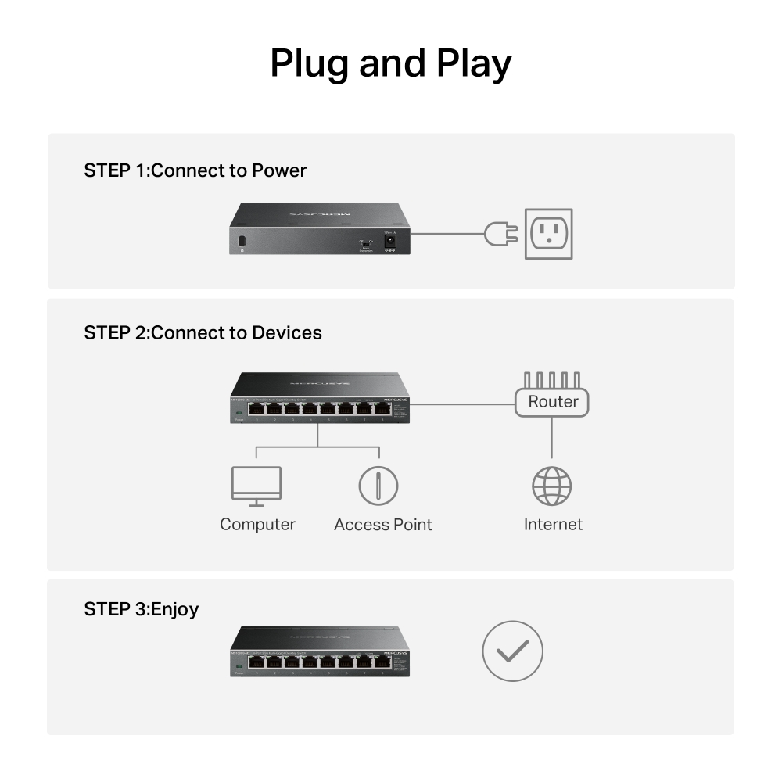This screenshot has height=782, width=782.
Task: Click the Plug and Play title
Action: tap(390, 64)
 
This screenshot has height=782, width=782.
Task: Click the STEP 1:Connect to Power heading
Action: tap(195, 170)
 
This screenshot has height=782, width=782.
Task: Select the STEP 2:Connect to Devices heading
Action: tap(203, 332)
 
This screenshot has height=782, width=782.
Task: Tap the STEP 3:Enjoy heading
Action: tap(141, 608)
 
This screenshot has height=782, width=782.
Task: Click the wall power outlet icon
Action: tap(548, 234)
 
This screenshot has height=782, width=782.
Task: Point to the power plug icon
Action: tap(500, 233)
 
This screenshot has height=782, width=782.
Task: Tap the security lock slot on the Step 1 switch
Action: tap(241, 240)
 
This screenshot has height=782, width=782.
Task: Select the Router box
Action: tap(552, 402)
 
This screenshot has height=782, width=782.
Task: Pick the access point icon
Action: tap(378, 486)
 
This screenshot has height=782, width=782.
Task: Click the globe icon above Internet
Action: tap(552, 486)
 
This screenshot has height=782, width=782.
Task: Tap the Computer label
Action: tap(257, 525)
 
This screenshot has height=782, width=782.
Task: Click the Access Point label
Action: tap(382, 525)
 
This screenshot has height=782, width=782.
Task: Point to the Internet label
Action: tap(553, 525)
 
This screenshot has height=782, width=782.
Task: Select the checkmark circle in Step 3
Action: tap(512, 651)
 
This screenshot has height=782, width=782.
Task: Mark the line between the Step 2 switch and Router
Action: tap(461, 405)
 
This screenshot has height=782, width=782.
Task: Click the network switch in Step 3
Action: tap(320, 651)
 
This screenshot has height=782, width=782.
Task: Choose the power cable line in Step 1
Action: tap(446, 233)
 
